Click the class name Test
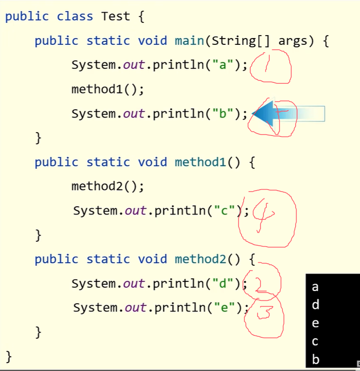[116, 16]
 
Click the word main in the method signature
[189, 40]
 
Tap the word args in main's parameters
[293, 41]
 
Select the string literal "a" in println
[223, 64]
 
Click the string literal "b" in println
[223, 113]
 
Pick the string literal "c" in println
[224, 210]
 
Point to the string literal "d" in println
[223, 283]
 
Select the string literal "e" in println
[224, 307]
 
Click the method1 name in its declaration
[200, 162]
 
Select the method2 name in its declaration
[200, 259]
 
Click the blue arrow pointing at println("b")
[288, 114]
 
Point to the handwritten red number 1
[267, 63]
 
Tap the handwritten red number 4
[263, 216]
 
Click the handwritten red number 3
[264, 312]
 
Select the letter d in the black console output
[316, 305]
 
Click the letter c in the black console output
[315, 341]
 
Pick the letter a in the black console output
[315, 287]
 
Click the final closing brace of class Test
[8, 357]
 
